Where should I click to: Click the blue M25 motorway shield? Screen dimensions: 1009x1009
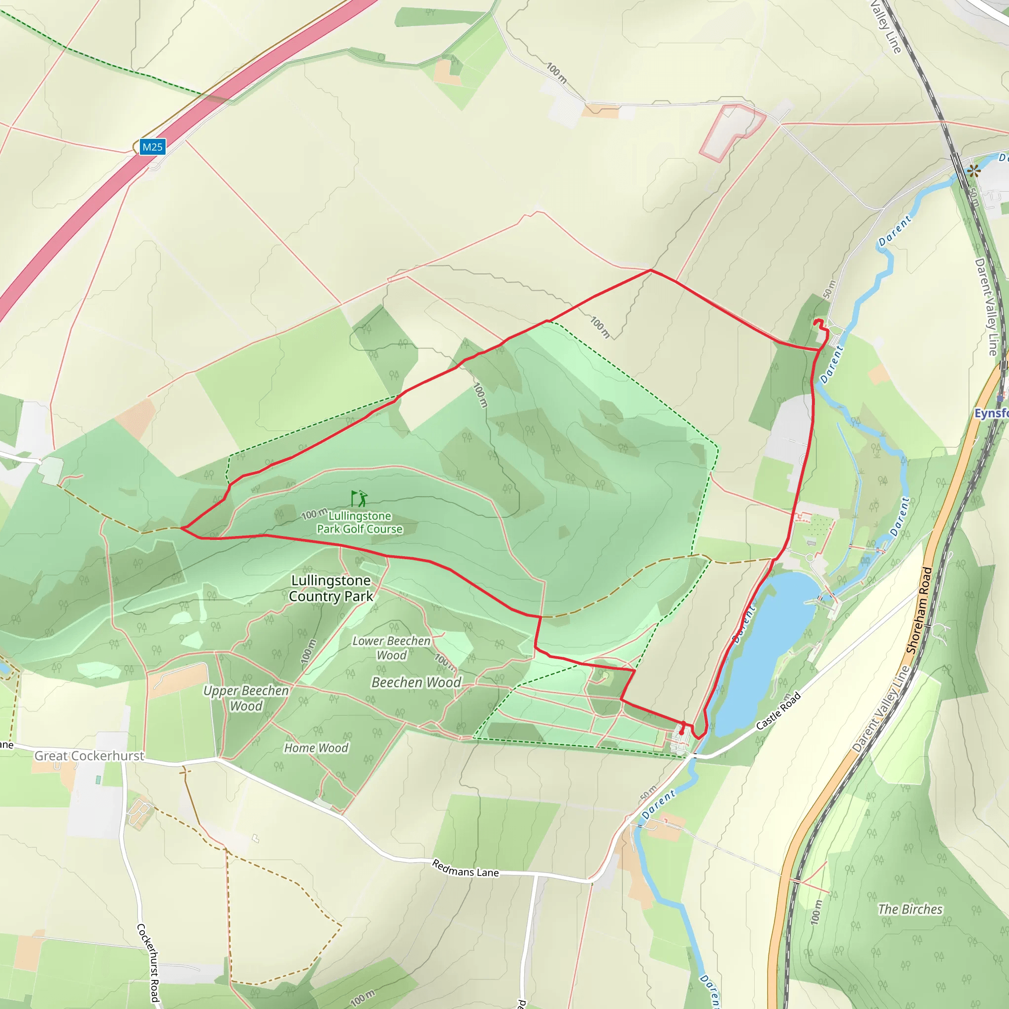click(153, 147)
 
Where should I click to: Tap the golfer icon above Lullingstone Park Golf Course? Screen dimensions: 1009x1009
click(359, 498)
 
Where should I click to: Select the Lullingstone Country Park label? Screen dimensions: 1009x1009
click(331, 588)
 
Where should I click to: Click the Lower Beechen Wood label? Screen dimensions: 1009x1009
click(391, 647)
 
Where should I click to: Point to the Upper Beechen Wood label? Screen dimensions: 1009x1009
click(246, 698)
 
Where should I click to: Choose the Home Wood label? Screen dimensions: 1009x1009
click(316, 748)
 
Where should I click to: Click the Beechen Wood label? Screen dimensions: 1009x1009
click(416, 682)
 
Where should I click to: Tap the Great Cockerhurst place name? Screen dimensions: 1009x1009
click(89, 756)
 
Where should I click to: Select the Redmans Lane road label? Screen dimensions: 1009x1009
click(465, 869)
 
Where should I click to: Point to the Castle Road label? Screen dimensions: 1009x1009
click(778, 711)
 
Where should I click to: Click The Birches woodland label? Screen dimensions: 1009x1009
click(910, 909)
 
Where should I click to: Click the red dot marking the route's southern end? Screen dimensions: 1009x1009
click(681, 733)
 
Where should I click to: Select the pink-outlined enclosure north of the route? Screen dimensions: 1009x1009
click(731, 131)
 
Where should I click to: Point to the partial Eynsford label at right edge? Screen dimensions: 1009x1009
click(991, 413)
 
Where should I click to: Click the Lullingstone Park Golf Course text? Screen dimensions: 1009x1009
click(359, 522)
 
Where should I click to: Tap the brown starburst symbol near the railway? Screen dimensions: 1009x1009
click(973, 171)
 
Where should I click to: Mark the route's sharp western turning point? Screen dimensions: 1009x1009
click(181, 528)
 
